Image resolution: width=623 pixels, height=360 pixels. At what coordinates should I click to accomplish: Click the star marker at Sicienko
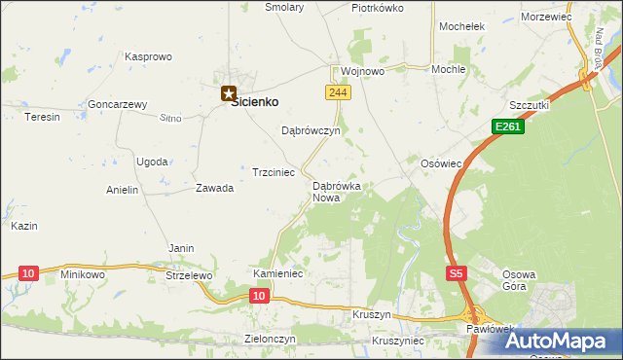229,94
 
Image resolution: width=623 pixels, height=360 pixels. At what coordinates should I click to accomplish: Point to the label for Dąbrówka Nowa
337,192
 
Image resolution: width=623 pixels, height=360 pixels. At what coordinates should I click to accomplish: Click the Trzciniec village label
274,171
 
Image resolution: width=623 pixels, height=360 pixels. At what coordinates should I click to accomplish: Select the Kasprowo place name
148,57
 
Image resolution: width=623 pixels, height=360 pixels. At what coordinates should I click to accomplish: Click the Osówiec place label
440,163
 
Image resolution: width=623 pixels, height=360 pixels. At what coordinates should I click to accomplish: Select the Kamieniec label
278,274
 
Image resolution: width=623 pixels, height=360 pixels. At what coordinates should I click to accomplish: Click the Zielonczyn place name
270,339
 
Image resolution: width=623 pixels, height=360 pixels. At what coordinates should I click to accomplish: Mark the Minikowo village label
83,274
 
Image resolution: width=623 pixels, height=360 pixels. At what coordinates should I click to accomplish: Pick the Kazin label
24,226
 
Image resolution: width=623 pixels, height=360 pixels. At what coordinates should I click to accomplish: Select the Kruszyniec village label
397,342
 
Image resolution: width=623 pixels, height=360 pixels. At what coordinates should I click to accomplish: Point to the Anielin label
123,191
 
